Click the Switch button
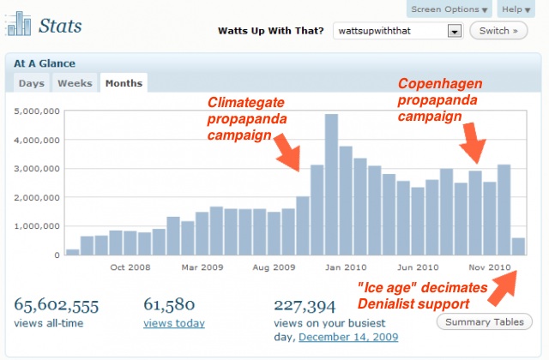[498, 31]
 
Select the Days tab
[32, 83]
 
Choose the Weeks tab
[75, 83]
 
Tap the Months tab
[123, 83]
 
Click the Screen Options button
[449, 9]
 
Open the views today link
[174, 323]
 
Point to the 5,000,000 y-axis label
[35, 111]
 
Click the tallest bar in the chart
[331, 184]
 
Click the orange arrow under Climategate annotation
[287, 156]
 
